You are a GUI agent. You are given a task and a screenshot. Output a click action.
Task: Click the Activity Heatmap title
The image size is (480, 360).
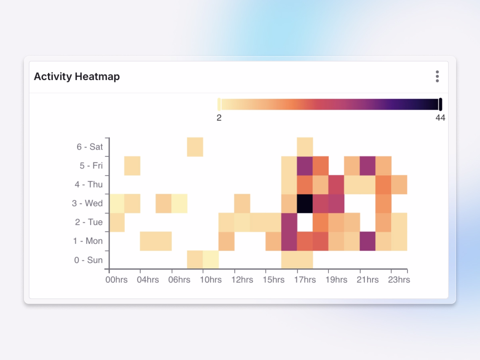[x=77, y=76]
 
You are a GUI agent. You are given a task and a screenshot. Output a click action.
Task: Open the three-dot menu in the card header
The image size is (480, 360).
[x=437, y=76]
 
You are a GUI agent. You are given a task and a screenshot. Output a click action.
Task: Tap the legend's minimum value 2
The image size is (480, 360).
[x=219, y=118]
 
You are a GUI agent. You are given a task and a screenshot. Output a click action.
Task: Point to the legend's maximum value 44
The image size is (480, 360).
[x=440, y=118]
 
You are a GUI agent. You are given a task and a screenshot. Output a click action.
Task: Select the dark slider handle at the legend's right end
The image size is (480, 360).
[x=440, y=104]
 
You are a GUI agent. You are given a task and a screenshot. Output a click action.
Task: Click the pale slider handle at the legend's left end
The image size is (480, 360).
[x=219, y=104]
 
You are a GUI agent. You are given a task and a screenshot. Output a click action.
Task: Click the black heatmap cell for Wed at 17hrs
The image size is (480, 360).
[x=305, y=204]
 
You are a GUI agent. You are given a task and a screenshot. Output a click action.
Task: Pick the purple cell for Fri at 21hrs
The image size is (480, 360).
[x=368, y=166]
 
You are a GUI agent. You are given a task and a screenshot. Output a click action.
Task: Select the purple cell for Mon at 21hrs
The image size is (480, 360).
[x=368, y=241]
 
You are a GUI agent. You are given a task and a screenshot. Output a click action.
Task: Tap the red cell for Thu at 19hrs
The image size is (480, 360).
[x=336, y=184]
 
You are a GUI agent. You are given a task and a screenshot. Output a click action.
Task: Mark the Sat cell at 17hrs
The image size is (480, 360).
[x=305, y=147]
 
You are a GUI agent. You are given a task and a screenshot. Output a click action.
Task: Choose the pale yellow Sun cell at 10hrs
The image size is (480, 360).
[x=211, y=260]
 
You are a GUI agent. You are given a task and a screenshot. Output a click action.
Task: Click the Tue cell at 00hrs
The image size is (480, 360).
[x=117, y=222]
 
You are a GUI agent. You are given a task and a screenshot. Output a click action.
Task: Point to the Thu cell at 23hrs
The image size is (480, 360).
[x=399, y=184]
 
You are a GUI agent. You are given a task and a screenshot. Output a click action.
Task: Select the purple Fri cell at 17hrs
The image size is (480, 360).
[x=305, y=166]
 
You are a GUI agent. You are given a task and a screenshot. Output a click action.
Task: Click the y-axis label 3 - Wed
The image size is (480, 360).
[x=87, y=204]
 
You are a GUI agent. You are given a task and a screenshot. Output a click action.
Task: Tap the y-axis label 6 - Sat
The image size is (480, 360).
[x=90, y=147]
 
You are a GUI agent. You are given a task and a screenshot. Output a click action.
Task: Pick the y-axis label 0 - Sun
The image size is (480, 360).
[x=88, y=260]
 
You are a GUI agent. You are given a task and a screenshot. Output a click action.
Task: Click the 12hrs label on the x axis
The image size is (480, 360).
[x=242, y=280]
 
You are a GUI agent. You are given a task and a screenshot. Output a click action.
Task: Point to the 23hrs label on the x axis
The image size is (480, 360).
[x=399, y=280]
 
